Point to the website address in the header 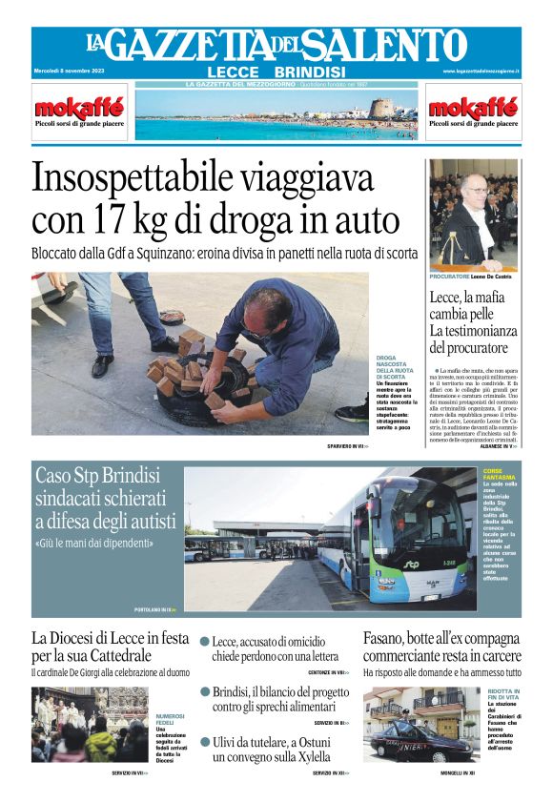pos(481,72)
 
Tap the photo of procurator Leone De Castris pos(473,216)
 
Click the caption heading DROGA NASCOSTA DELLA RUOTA pos(392,367)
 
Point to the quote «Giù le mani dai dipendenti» pos(94,544)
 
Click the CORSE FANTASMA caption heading pos(499,474)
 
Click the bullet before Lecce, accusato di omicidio pos(205,642)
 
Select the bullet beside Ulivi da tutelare pos(205,741)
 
